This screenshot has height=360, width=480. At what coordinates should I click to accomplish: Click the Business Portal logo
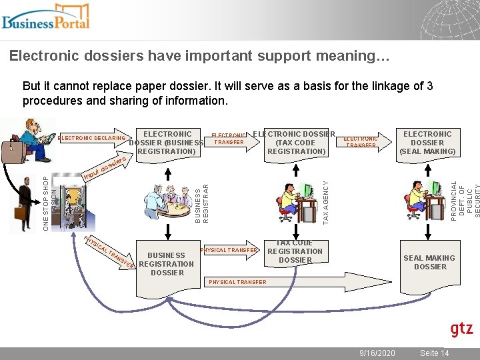(45, 17)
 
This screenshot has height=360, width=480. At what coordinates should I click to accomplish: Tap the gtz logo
(461, 329)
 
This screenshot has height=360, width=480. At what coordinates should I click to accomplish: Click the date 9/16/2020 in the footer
(377, 353)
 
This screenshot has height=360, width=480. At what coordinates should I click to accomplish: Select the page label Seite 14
(434, 353)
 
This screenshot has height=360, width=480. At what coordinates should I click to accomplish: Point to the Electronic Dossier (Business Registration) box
(165, 143)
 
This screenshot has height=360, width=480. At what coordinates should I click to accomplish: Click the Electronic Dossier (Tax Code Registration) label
(295, 142)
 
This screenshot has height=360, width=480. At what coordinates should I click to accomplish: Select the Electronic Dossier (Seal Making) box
(427, 143)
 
